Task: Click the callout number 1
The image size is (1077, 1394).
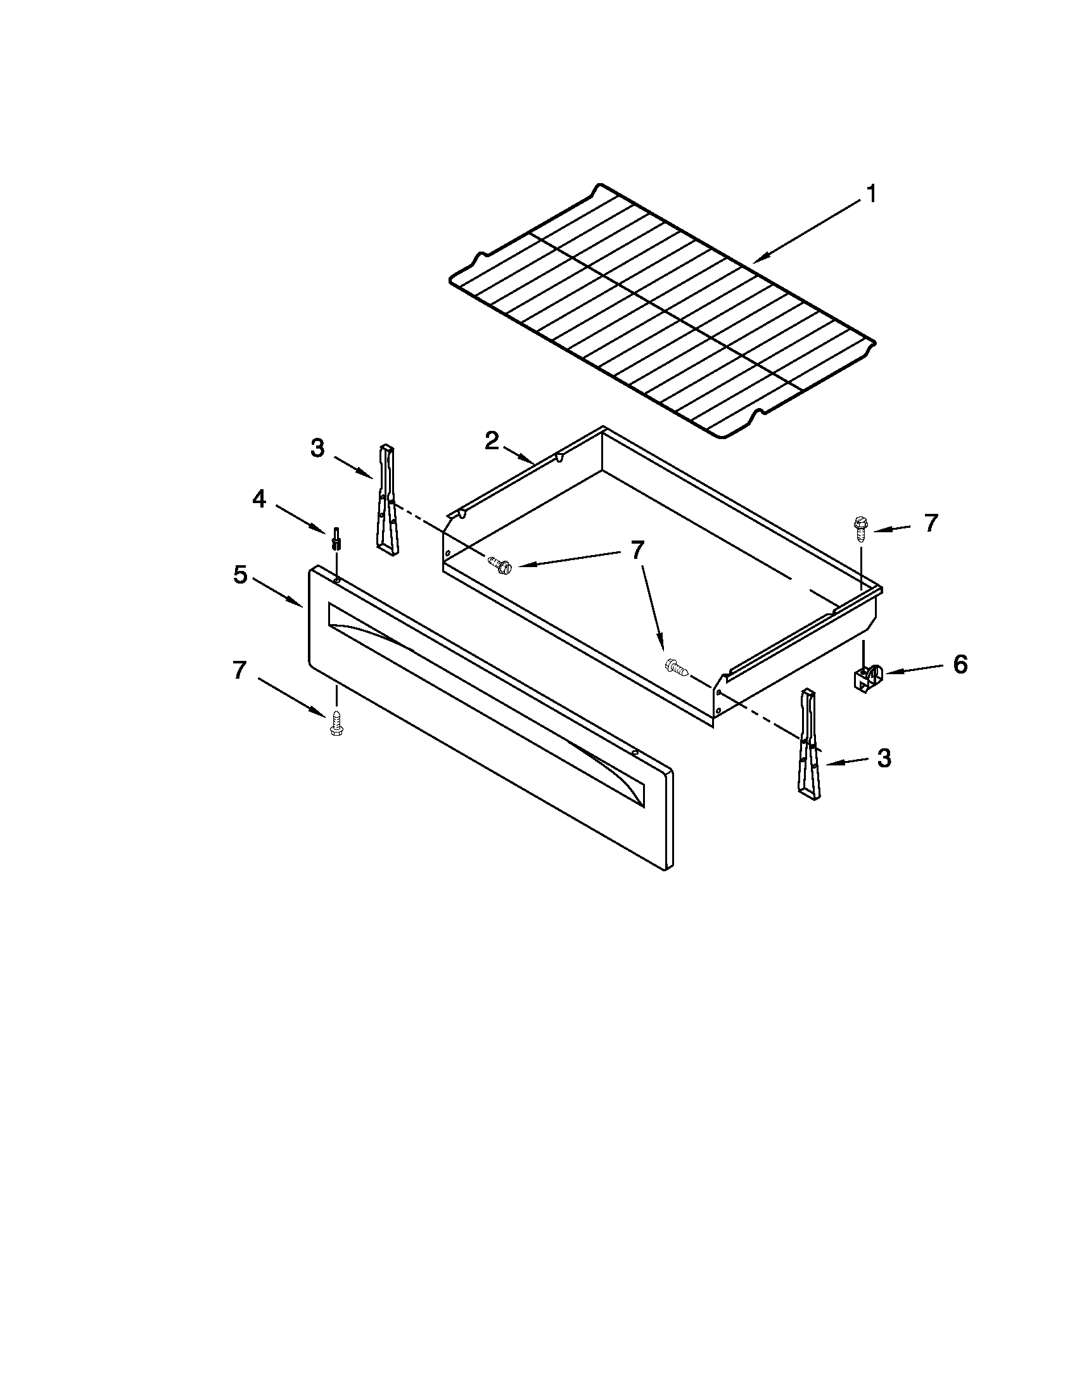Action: point(871,194)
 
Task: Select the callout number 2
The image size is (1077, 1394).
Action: point(491,440)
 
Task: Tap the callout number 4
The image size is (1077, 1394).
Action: point(259,499)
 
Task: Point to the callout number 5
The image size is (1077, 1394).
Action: point(240,575)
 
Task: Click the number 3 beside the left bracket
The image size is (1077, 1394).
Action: point(317,448)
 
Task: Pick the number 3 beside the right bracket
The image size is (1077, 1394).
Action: point(884,758)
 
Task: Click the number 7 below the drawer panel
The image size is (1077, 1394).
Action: point(239,670)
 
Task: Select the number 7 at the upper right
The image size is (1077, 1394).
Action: point(931,523)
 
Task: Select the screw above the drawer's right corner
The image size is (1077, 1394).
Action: point(859,529)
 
